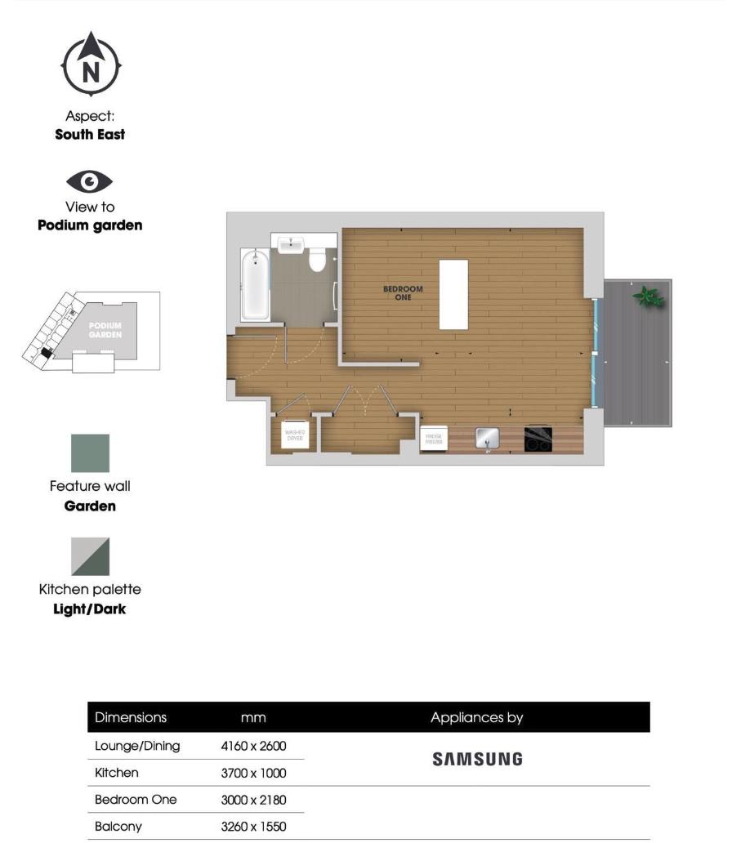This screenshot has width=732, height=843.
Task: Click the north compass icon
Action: pyautogui.click(x=91, y=65)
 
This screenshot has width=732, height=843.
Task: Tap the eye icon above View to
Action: pyautogui.click(x=90, y=181)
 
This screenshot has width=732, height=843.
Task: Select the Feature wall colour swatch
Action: pyautogui.click(x=90, y=453)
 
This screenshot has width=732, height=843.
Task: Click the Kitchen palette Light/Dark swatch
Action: pyautogui.click(x=90, y=556)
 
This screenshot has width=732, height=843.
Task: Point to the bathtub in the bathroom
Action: pyautogui.click(x=255, y=285)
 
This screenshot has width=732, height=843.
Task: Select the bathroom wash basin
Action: pyautogui.click(x=291, y=245)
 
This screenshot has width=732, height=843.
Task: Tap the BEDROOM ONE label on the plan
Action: pyautogui.click(x=403, y=293)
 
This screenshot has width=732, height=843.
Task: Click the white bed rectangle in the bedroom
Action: pyautogui.click(x=453, y=294)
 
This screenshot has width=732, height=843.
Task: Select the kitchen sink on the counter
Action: pyautogui.click(x=488, y=439)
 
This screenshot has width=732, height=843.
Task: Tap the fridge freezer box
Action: pyautogui.click(x=433, y=439)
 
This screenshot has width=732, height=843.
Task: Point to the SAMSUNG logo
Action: pyautogui.click(x=477, y=759)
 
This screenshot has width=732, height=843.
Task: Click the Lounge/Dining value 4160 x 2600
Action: pyautogui.click(x=253, y=746)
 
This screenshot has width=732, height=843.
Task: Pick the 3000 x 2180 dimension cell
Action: pyautogui.click(x=253, y=800)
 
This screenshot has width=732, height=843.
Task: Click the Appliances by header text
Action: pyautogui.click(x=477, y=718)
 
